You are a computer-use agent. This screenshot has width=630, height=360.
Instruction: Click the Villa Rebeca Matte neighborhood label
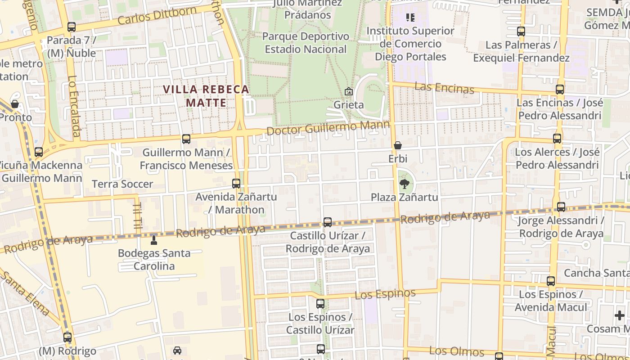[x=206, y=96]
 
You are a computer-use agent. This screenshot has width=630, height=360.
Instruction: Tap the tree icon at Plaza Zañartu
[x=404, y=183]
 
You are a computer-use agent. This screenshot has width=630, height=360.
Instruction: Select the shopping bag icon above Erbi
[x=397, y=145]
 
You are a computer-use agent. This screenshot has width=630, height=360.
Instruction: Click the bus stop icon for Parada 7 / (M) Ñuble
[x=72, y=27]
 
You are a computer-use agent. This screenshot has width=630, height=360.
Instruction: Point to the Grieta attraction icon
[x=348, y=92]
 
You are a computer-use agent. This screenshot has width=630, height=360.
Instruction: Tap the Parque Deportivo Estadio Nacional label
[x=306, y=43]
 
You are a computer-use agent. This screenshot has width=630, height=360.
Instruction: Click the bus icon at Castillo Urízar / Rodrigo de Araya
[x=328, y=222]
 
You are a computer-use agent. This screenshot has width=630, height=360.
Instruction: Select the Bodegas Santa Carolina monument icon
[x=154, y=240]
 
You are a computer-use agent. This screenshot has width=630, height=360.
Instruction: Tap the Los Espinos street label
[x=385, y=294]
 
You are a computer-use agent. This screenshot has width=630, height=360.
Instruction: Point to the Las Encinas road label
[x=444, y=88]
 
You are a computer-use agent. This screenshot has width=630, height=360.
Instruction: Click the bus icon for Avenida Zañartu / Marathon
[x=236, y=184]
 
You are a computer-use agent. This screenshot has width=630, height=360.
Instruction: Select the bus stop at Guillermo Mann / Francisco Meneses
[x=186, y=139]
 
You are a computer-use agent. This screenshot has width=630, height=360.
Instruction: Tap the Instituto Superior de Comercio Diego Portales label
[x=410, y=44]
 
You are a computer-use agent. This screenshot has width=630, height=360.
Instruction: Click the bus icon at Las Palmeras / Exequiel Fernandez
[x=521, y=32]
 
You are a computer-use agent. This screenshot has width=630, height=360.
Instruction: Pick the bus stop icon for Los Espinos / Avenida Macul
[x=551, y=281]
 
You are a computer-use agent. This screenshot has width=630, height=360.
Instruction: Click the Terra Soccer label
[x=122, y=184]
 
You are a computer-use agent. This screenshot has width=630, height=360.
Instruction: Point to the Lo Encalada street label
[x=74, y=106]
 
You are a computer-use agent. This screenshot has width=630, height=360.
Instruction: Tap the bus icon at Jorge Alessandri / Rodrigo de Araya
[x=561, y=207]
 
